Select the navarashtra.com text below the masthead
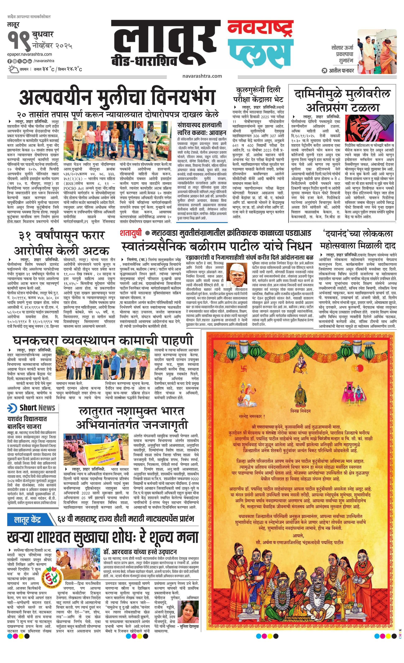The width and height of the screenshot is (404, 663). (x=202, y=76)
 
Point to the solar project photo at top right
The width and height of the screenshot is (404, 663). (x=377, y=51)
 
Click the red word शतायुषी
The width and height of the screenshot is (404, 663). (x=131, y=233)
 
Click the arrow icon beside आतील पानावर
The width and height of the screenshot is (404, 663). (x=325, y=71)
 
